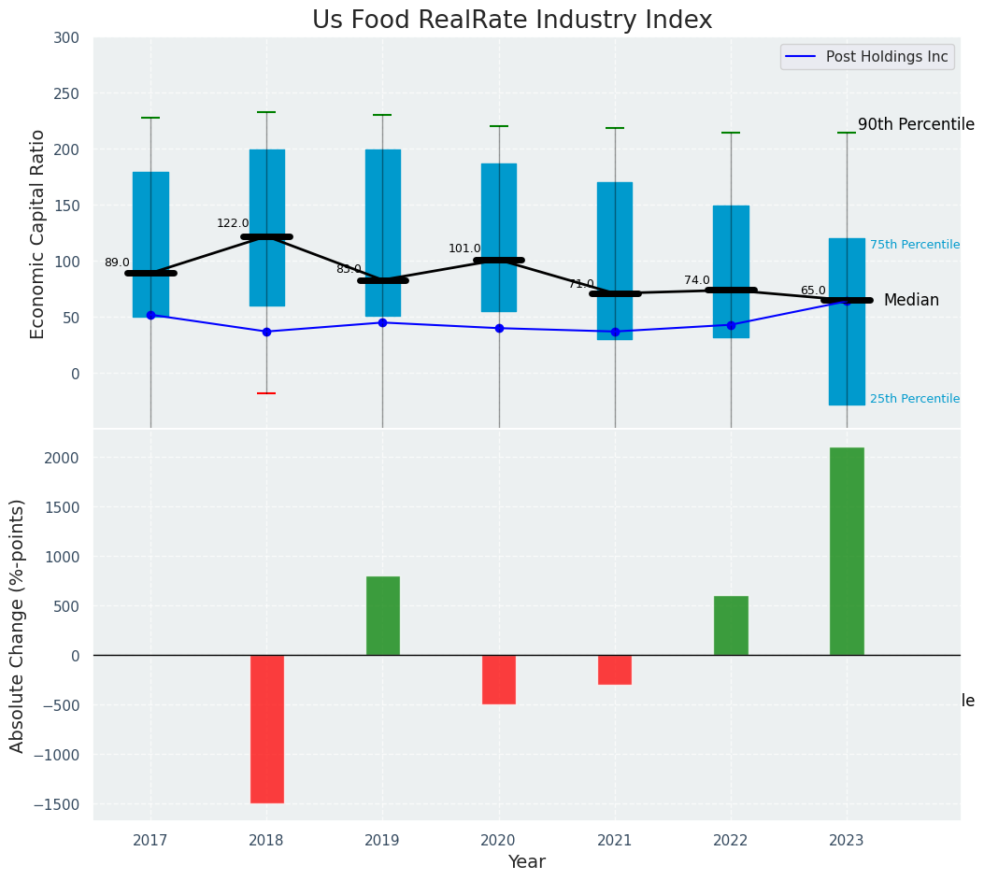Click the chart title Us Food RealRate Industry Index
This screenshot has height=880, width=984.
tap(512, 21)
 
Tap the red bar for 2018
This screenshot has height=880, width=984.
tap(267, 729)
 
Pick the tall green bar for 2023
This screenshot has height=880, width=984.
tap(847, 551)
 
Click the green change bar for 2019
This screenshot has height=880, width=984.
tap(383, 616)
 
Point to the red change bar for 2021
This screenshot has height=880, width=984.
tap(615, 670)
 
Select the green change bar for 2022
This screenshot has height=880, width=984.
tap(731, 625)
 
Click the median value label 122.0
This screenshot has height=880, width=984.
tap(233, 223)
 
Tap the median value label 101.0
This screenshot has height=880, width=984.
tap(464, 248)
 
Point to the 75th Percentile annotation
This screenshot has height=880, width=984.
tap(914, 245)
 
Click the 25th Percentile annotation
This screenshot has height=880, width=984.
tap(914, 399)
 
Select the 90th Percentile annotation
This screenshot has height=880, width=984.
tap(916, 125)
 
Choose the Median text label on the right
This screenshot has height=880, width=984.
tap(911, 300)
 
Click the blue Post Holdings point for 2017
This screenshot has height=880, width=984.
tap(150, 315)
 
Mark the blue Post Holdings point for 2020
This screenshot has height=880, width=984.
tap(499, 328)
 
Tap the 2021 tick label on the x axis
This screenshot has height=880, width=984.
tap(615, 841)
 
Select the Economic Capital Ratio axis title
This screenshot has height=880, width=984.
tap(38, 234)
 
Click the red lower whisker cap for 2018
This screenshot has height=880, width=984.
tap(266, 393)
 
